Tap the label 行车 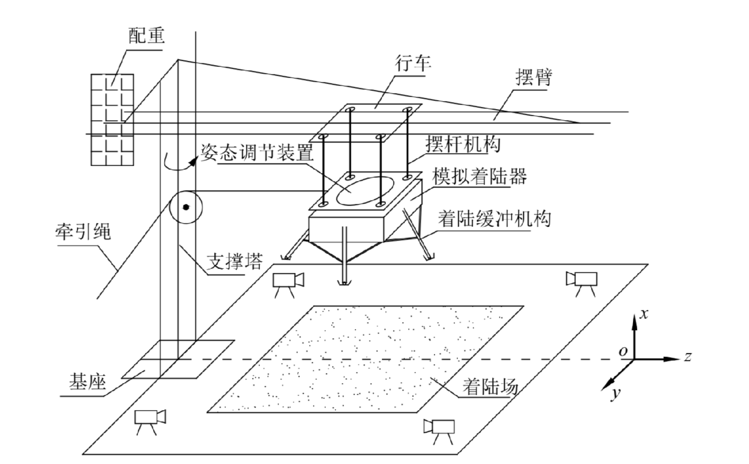click(x=413, y=64)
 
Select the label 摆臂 click(x=534, y=77)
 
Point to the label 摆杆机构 click(x=463, y=144)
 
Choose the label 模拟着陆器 click(x=479, y=177)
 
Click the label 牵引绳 click(x=83, y=232)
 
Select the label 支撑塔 click(x=234, y=261)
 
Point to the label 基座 click(x=87, y=382)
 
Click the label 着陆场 click(x=490, y=387)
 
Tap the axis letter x click(x=643, y=314)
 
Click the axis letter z click(x=688, y=357)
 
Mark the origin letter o click(x=623, y=351)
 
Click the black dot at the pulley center click(x=186, y=207)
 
